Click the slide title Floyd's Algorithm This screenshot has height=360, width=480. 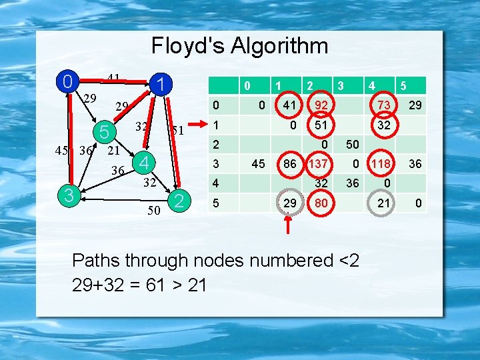[239, 46]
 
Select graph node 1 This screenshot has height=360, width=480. [161, 85]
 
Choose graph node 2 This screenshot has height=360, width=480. [177, 200]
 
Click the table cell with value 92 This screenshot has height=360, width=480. [321, 105]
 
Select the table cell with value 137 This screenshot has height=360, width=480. [317, 163]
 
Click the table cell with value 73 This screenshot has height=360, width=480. [383, 105]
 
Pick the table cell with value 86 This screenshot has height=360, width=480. [289, 163]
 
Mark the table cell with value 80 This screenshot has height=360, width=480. [321, 202]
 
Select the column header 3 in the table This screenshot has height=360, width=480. [340, 85]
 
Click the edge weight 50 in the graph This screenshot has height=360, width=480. [154, 211]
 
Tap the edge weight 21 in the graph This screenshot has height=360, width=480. [114, 151]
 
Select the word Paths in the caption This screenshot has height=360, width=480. [97, 260]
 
